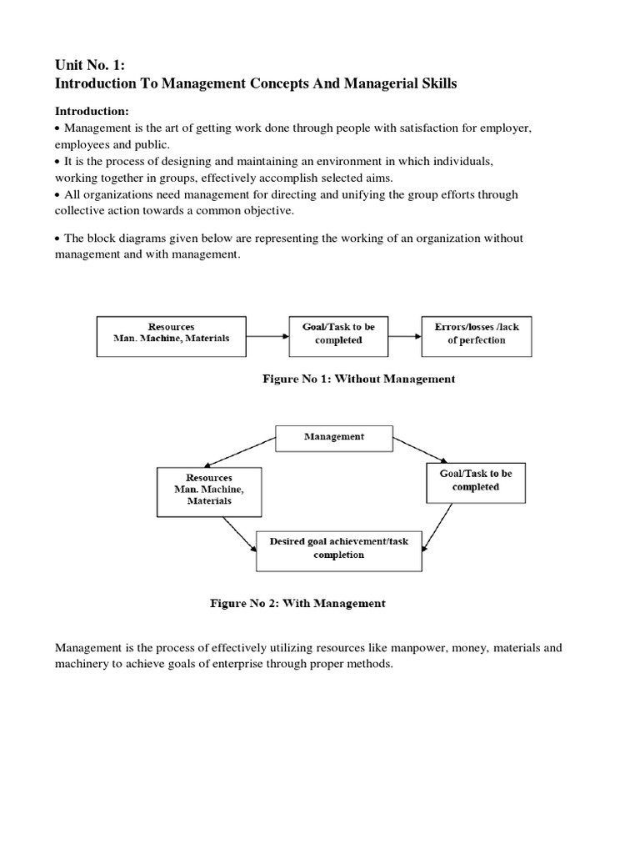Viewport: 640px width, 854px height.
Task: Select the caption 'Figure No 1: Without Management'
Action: pos(358,379)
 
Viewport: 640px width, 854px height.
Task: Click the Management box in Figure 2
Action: pos(333,437)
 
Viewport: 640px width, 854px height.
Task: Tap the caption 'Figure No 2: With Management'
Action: pos(297,604)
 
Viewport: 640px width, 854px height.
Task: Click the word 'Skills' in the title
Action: pos(433,84)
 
